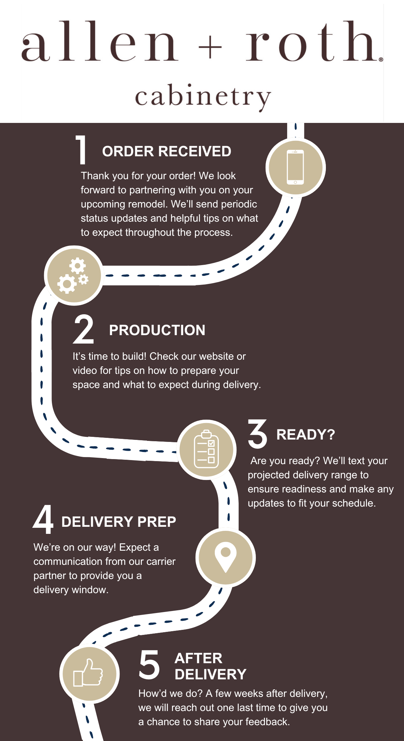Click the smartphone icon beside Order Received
[295, 167]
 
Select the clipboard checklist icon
[206, 449]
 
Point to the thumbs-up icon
[88, 673]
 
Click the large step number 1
[81, 150]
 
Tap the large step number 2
[83, 329]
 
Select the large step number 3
[258, 434]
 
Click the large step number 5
[149, 665]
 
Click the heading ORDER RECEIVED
[167, 152]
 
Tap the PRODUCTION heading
[157, 330]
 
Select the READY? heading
[306, 434]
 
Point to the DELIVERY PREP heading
[119, 522]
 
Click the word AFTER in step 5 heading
[199, 658]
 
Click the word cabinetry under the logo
[203, 97]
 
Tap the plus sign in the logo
[210, 47]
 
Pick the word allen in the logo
[100, 41]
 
